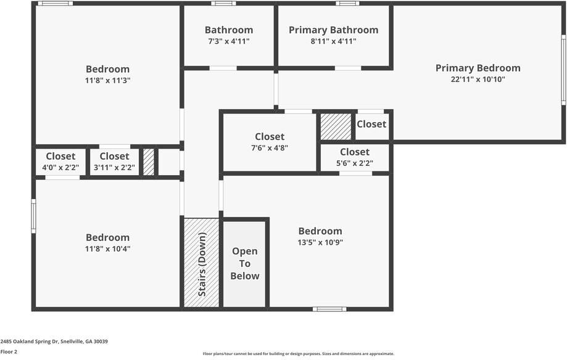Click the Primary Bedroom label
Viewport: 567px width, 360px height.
(x=478, y=68)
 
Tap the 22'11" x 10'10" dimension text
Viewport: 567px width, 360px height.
(x=478, y=79)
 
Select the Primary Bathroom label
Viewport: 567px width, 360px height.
(x=333, y=30)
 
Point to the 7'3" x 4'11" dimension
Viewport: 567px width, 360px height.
(x=228, y=41)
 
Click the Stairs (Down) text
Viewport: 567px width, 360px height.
(x=202, y=264)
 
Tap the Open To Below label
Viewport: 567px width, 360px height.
(x=245, y=263)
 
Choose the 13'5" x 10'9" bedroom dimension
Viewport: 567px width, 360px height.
(x=320, y=242)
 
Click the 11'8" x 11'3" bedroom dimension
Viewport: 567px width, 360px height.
(x=107, y=80)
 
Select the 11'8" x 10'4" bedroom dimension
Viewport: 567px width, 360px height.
(x=107, y=248)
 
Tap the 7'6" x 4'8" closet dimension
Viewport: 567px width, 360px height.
(x=270, y=148)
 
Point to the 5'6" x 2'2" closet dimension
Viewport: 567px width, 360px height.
(x=354, y=163)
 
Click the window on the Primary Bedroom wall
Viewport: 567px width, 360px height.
(x=563, y=70)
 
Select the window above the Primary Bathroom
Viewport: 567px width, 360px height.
(x=347, y=3)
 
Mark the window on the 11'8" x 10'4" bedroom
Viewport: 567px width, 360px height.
(x=34, y=216)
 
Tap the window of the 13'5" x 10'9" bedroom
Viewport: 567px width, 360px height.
(x=329, y=309)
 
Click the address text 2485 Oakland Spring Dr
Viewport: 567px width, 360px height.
(x=29, y=342)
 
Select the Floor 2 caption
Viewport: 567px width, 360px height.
(x=9, y=352)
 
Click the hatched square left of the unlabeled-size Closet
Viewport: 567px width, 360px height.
(x=336, y=126)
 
